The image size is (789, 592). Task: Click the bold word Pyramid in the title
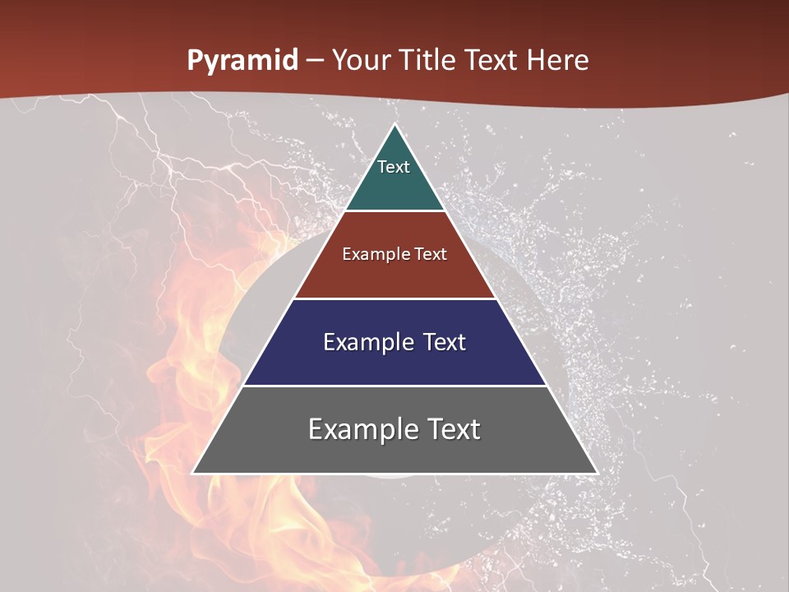coord(242,61)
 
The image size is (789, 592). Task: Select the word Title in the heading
coord(427,61)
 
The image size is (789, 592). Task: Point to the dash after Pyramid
coord(315,62)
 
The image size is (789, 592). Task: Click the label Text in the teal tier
coord(394,167)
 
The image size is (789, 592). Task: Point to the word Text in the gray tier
coord(452,429)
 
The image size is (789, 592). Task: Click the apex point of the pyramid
coord(394,126)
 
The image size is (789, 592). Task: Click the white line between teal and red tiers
coord(394,211)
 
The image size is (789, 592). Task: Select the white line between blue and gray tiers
coord(394,386)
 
